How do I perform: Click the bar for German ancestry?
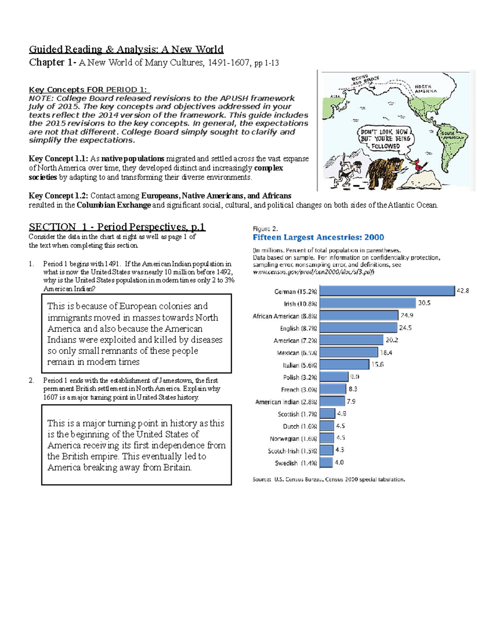click(387, 291)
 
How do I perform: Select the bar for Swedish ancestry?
click(326, 463)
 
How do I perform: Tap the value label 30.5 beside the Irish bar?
click(424, 303)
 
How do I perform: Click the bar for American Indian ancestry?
click(332, 401)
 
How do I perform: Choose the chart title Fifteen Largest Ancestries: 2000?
click(318, 237)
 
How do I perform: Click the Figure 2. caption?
click(265, 229)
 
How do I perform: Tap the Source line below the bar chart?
click(329, 479)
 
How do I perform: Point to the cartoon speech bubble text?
click(385, 139)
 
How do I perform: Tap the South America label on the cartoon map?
click(452, 136)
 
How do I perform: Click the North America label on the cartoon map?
click(426, 89)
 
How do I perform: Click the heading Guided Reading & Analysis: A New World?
click(126, 50)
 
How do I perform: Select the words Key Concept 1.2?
click(58, 196)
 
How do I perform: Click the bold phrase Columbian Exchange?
click(114, 205)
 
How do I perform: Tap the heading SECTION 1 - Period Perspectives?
click(117, 227)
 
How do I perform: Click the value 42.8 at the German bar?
click(463, 291)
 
